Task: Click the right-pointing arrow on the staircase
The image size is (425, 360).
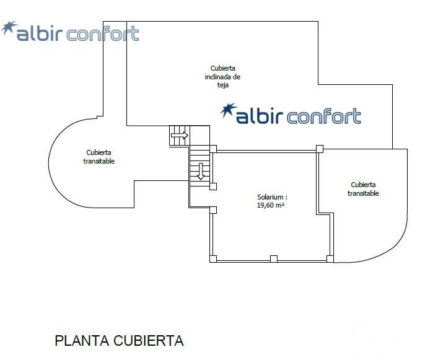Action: [x=180, y=135]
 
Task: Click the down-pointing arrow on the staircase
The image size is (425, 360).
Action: [x=201, y=171]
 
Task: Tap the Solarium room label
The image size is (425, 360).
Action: [x=272, y=197]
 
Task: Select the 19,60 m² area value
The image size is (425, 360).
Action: [x=271, y=205]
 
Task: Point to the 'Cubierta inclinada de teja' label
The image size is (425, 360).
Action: [x=222, y=76]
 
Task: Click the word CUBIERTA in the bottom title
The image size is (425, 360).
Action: [x=149, y=341]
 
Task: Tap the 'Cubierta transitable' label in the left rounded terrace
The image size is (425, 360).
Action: [x=99, y=157]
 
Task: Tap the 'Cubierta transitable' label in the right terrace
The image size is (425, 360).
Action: [x=363, y=189]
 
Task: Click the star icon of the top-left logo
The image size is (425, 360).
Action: [x=9, y=28]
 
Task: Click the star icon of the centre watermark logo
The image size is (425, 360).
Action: [x=228, y=110]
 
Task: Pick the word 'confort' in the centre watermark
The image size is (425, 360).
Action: [x=324, y=116]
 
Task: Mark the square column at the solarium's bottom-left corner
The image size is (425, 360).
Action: [x=213, y=258]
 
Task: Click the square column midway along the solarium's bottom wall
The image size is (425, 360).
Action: [x=274, y=258]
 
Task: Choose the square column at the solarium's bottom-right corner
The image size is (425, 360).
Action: [x=330, y=258]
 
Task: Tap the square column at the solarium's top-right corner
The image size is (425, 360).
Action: [x=320, y=149]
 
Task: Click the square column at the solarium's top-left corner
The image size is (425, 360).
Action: [x=213, y=149]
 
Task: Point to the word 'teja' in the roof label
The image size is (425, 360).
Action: [x=223, y=85]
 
